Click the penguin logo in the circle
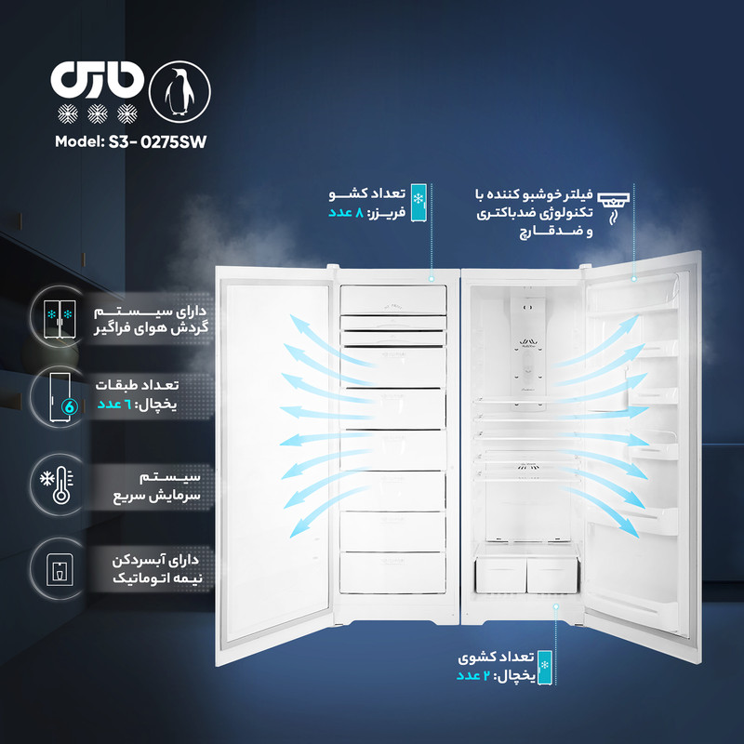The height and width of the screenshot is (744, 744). [x=179, y=91]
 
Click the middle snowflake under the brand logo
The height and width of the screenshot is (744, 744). [x=98, y=113]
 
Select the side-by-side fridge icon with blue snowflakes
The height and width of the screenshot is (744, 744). [x=60, y=319]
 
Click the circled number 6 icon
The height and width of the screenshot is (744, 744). [x=70, y=406]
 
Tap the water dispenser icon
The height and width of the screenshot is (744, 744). [x=60, y=569]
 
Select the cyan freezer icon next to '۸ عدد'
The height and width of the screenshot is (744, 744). [x=418, y=203]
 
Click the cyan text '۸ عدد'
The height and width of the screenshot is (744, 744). [x=346, y=213]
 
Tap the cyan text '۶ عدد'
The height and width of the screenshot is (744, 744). [x=114, y=405]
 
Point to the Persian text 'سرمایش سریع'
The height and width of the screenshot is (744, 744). [x=156, y=497]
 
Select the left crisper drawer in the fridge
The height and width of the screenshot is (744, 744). [x=500, y=575]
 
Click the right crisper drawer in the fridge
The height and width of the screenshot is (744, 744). [x=552, y=575]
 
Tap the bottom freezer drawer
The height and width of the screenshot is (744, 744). [x=392, y=572]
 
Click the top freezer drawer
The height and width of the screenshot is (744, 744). [x=393, y=299]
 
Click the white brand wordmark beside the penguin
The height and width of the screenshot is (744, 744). [x=98, y=80]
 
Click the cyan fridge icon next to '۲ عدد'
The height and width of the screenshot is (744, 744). [x=545, y=667]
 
